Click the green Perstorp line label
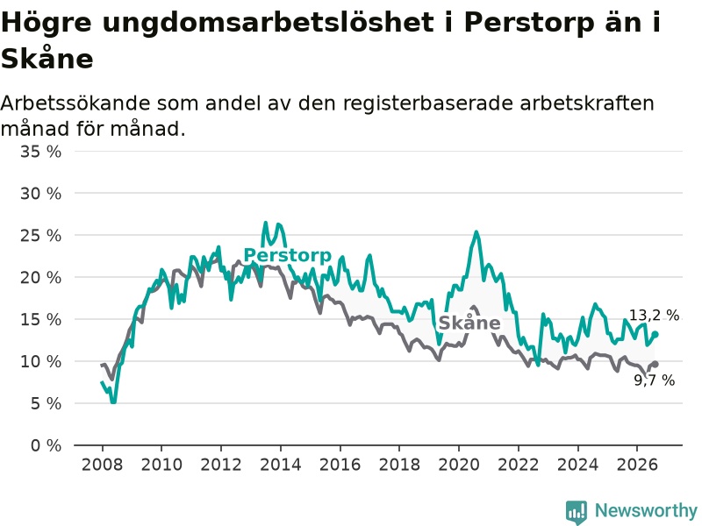point(288,255)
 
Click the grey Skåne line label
point(469,323)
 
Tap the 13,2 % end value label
point(654,316)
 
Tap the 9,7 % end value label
point(654,380)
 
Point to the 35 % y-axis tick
point(40,152)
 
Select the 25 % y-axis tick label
point(40,236)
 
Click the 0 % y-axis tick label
point(47,445)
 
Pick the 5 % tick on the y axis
point(47,404)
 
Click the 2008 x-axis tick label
point(102,465)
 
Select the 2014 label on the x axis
point(281,465)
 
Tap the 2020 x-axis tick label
point(459,465)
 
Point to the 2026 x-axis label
point(637,465)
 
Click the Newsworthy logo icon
point(577,512)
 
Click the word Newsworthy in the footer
point(646,510)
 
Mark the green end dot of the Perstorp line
point(655,334)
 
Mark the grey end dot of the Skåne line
point(655,364)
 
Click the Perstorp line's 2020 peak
point(476,231)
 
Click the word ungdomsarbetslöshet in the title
point(268,23)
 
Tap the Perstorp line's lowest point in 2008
point(113,402)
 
